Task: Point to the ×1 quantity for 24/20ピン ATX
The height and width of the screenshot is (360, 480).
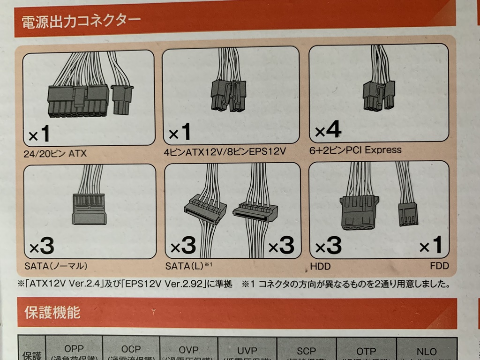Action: [39, 135]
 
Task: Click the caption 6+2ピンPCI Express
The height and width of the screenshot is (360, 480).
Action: [355, 150]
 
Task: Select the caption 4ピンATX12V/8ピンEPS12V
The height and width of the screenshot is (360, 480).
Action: [225, 152]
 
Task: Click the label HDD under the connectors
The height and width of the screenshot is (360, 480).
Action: [320, 266]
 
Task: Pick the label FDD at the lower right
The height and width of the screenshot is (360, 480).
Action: [439, 266]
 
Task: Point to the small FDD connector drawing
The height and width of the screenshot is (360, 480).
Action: [408, 214]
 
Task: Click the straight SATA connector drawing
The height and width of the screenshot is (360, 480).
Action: [89, 209]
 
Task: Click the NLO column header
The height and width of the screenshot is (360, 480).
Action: [426, 351]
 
